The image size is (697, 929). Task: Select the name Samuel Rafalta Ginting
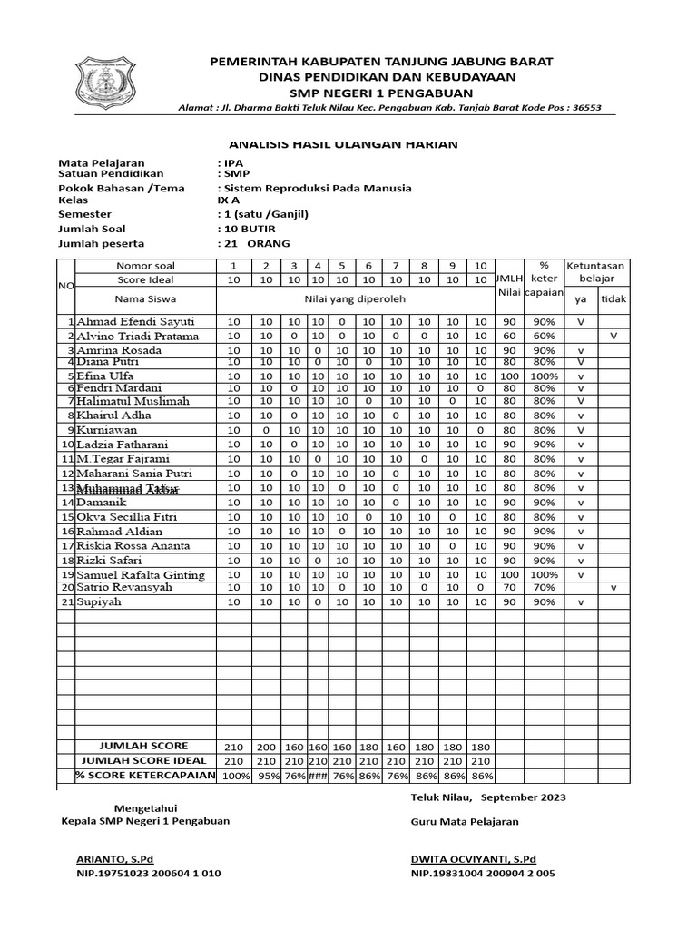(141, 575)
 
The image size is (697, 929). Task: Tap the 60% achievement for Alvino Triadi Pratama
(545, 337)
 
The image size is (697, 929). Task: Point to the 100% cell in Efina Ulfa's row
(545, 376)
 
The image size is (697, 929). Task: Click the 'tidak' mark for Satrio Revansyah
(613, 588)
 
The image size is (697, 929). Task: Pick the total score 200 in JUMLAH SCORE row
(266, 747)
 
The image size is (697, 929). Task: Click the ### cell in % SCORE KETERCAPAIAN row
(318, 777)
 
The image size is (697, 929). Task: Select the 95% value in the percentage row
(266, 777)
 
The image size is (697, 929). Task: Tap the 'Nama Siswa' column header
(145, 298)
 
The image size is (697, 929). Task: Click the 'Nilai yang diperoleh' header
(355, 298)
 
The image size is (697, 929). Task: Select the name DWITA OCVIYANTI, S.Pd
(473, 858)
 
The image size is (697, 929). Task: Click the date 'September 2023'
(523, 797)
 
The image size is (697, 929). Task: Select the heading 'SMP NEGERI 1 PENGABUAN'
(380, 93)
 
